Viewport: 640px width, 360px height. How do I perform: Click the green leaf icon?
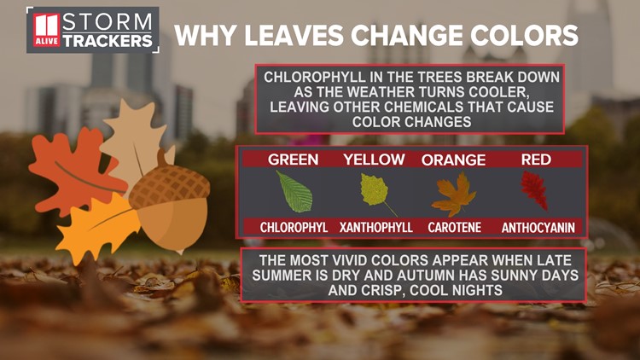coord(294,193)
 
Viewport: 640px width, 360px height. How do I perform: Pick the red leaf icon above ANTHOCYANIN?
coord(535,190)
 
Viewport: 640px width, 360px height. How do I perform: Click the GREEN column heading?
coord(294,160)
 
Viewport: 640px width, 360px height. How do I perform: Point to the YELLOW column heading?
coord(375,160)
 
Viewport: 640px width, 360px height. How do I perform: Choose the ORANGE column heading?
coord(453,160)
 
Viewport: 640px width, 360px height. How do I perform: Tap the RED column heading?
coord(536,160)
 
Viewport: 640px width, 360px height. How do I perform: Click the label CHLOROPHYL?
coord(294,228)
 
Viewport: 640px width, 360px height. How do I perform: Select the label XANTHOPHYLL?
coord(375,228)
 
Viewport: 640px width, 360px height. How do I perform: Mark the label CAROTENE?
coord(453,228)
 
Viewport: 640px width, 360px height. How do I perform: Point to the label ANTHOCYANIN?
coord(538,228)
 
